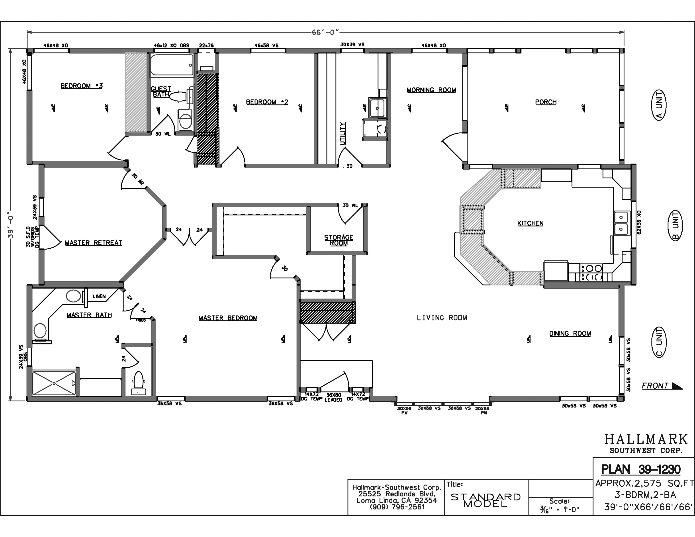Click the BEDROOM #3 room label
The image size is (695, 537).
point(81,86)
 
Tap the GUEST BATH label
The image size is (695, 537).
point(161,92)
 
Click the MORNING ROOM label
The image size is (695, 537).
point(431,90)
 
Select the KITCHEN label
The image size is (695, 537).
point(530,223)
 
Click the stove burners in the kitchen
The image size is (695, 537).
point(591,273)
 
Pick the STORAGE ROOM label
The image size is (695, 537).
point(339,240)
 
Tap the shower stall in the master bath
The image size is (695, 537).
point(54,383)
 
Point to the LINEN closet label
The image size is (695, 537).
point(99,296)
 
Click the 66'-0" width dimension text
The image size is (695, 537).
point(325,32)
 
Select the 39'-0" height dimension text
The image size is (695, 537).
point(11,225)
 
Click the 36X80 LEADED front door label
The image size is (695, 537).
point(333,397)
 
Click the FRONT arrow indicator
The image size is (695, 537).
point(662,386)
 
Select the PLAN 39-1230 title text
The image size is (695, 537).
point(641,469)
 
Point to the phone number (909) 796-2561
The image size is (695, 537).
point(397,507)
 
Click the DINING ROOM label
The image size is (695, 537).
point(570,333)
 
